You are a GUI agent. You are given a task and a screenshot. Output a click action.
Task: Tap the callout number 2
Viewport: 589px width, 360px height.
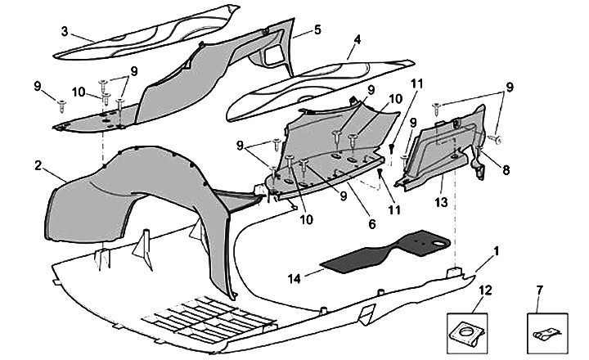click(38, 164)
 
